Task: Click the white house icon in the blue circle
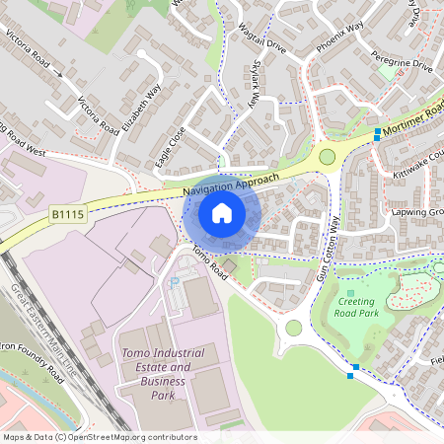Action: pos(222,212)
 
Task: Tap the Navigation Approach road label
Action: pos(233,182)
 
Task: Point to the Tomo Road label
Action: pos(210,260)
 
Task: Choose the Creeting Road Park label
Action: pos(356,307)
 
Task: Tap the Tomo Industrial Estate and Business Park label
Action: pos(163,374)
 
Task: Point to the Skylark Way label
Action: pos(255,84)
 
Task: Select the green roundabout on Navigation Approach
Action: pos(327,157)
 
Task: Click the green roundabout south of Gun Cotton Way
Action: pos(293,328)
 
